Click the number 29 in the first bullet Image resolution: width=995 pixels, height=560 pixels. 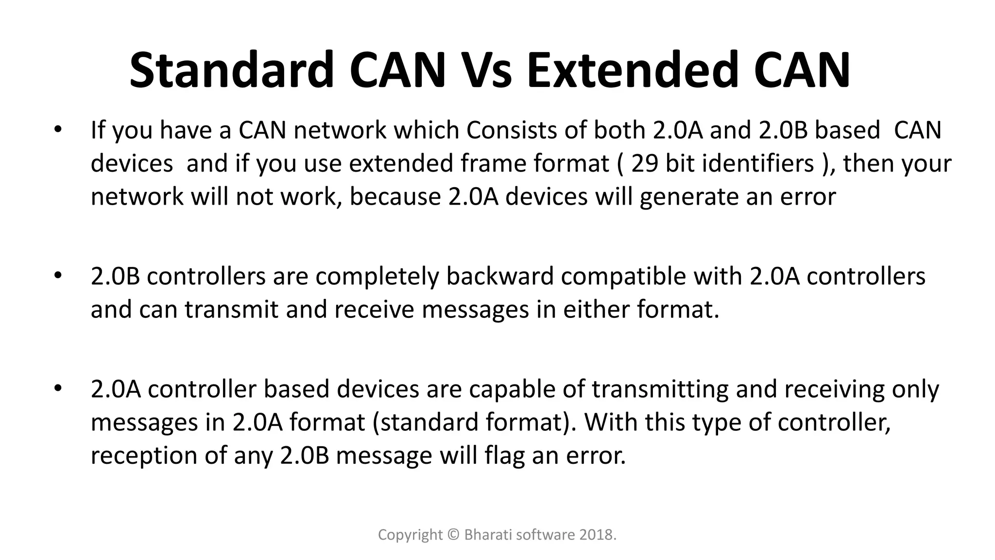(645, 163)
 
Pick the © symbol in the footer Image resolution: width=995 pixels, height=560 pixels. (453, 535)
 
